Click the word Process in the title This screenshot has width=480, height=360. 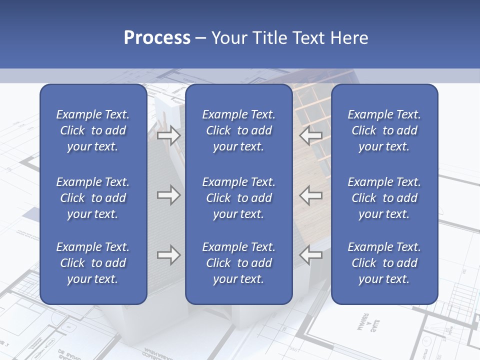coord(157,38)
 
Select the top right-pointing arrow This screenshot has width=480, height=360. coord(168,135)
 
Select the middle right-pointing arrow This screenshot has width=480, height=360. coord(168,195)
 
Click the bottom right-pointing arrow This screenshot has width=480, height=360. coord(168,255)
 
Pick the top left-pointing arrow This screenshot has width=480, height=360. coord(311,135)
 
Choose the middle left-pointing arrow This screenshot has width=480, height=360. coord(311,195)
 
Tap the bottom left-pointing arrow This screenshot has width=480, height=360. coord(311,255)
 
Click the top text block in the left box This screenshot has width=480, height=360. coord(93,130)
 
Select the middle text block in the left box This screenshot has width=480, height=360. coord(93,198)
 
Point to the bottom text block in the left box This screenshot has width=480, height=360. coord(93,263)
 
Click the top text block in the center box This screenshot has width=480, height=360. coord(239,130)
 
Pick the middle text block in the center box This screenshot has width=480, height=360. coord(239,198)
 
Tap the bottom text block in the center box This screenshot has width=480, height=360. coord(239,263)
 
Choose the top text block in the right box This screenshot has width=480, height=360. coord(384,130)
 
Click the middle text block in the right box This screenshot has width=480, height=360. coord(384,198)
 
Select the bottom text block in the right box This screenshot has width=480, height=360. coord(384,263)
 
